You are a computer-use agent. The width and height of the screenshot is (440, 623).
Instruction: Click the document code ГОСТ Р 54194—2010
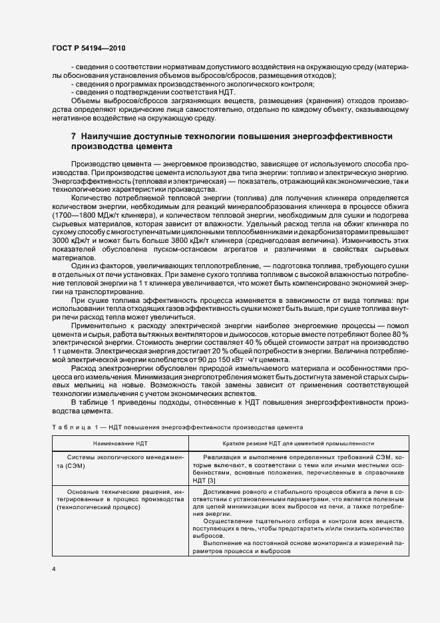pos(89,49)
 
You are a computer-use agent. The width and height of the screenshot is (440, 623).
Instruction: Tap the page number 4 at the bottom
pos(55,569)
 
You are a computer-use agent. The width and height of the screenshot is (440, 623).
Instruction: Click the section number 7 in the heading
pos(74,136)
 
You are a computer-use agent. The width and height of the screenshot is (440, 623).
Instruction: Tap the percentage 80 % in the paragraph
pos(379,334)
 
